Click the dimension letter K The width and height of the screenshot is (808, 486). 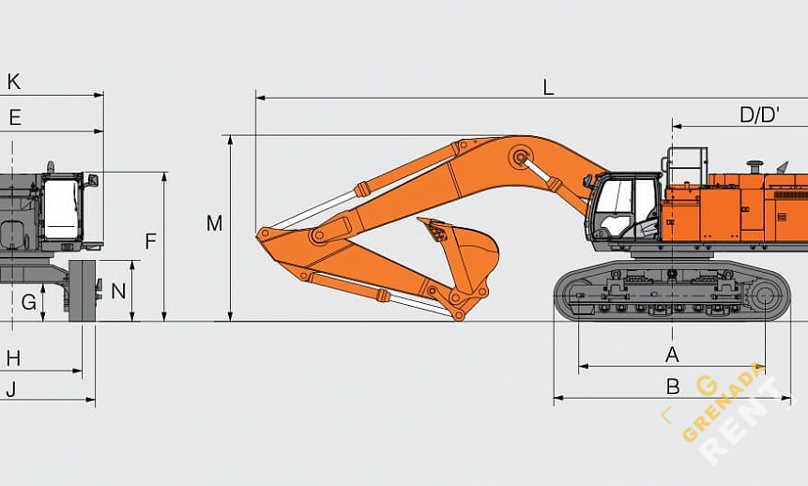point(14,82)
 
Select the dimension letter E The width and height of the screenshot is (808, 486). point(15,118)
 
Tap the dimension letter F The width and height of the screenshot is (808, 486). point(150,241)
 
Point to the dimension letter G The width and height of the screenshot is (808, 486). point(29,301)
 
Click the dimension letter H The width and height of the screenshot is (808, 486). point(14,358)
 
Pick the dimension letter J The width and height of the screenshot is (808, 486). point(11,388)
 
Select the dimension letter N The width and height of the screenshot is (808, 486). point(118,291)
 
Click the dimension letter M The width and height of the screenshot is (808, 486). point(214,223)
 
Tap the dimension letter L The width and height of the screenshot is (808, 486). point(548,87)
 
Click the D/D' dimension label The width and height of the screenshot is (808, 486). point(759,114)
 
